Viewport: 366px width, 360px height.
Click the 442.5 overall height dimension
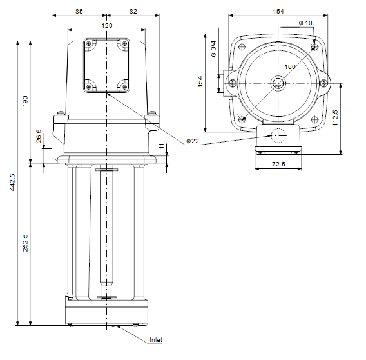[12, 182]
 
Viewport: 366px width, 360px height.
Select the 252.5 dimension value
[25, 243]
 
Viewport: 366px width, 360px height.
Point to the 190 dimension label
[25, 101]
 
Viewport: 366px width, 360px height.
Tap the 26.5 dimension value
[39, 136]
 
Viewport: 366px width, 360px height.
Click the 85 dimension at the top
[79, 11]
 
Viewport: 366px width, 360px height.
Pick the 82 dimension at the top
[133, 11]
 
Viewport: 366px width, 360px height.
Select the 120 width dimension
[107, 25]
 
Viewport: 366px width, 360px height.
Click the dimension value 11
[162, 146]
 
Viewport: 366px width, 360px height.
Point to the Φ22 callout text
[193, 141]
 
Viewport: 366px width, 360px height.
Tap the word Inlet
[156, 340]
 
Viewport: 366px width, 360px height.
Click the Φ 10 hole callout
[305, 23]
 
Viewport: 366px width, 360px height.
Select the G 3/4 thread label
[213, 49]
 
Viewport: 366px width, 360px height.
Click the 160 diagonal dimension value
[290, 67]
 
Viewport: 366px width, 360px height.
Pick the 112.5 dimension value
[335, 118]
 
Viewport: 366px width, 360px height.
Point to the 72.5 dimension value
[278, 164]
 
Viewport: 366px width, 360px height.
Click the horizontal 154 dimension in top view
[278, 11]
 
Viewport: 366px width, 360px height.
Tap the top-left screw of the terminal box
[88, 44]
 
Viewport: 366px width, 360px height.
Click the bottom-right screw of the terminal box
[124, 87]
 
